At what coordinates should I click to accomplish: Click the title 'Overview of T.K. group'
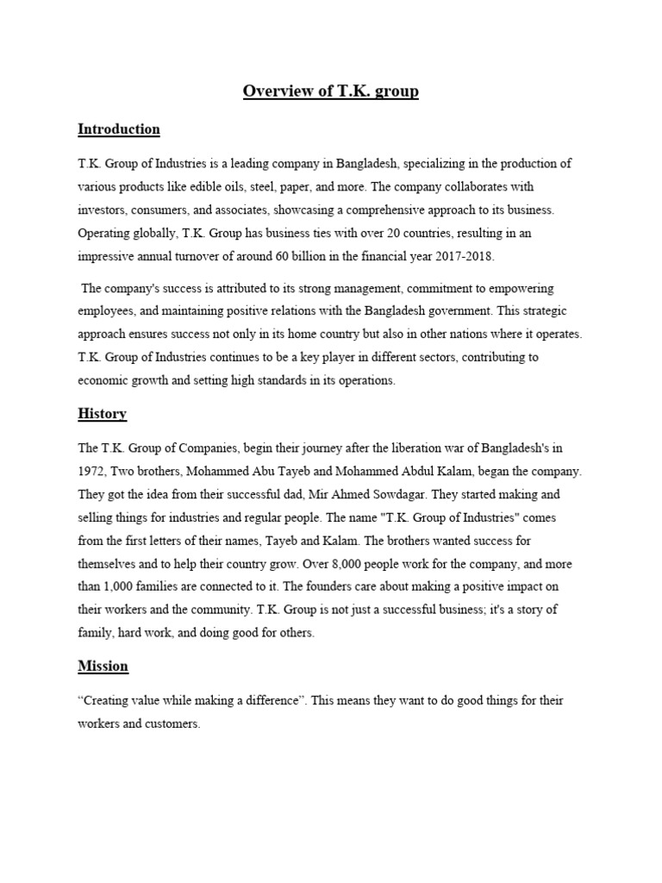tap(331, 91)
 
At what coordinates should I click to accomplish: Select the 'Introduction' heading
tap(119, 129)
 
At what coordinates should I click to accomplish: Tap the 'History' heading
tap(102, 414)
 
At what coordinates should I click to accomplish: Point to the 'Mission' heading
tap(103, 666)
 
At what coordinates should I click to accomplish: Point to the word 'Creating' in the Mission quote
tap(107, 701)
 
